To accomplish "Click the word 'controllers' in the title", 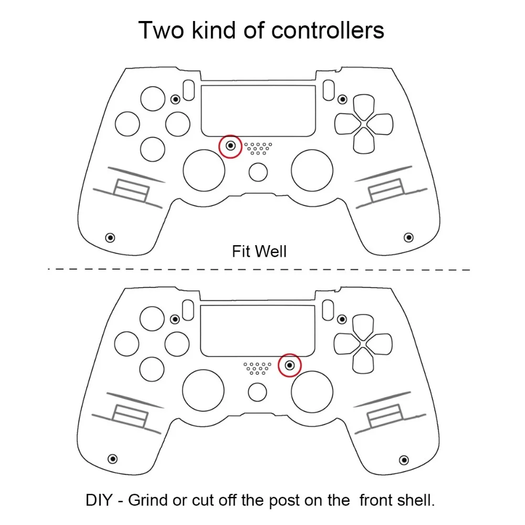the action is (x=328, y=30).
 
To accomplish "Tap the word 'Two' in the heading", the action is (x=161, y=30).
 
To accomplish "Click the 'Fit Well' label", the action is (x=259, y=251).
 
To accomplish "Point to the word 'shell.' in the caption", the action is (x=415, y=500).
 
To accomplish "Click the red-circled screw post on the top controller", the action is (x=230, y=146).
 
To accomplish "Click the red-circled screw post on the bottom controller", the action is (x=290, y=365).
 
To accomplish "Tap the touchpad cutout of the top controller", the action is (x=258, y=111).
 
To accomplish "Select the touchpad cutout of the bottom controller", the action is (x=257, y=331).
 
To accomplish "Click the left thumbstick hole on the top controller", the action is (x=204, y=171).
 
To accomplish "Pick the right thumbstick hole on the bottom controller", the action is (x=312, y=391).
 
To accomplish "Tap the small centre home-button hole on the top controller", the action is (x=258, y=172).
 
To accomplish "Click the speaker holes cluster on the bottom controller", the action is (x=257, y=368).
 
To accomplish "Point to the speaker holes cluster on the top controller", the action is (x=258, y=149).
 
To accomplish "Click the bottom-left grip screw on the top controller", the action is (x=110, y=238).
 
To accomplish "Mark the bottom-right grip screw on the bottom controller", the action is (x=404, y=460).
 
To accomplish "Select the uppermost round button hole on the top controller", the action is (x=153, y=99).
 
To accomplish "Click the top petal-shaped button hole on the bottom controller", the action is (x=363, y=328).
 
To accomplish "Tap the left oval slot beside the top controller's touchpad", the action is (x=189, y=90).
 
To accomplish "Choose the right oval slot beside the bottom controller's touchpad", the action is (x=328, y=310).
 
